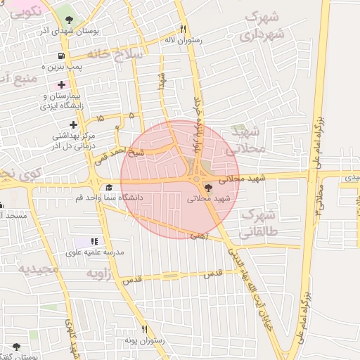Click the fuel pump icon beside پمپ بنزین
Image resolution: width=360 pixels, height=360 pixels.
coord(63,56)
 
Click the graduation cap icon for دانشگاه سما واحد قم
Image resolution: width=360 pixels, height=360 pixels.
coord(109,188)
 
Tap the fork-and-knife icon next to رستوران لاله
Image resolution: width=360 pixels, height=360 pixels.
coord(183,30)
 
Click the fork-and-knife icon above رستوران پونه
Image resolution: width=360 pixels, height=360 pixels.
coord(145,329)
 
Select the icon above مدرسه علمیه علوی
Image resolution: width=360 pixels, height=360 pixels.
coord(95,242)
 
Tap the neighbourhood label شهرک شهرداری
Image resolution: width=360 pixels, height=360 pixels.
coord(265,25)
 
